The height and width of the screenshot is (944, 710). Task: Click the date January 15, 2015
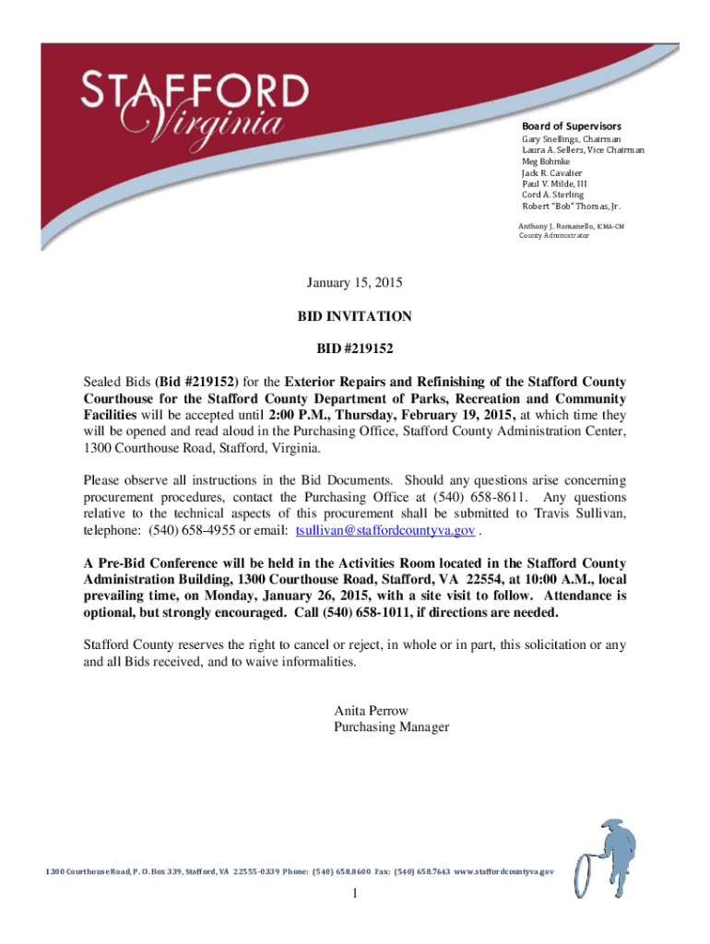click(354, 282)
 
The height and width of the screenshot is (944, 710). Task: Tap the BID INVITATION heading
click(354, 316)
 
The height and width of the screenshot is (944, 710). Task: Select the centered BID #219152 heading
click(354, 350)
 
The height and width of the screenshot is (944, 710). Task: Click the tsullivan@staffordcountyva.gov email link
click(385, 531)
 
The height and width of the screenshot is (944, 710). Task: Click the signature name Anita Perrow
click(371, 711)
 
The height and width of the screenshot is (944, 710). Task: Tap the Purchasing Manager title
click(391, 727)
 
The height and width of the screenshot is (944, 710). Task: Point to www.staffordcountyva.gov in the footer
click(504, 871)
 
